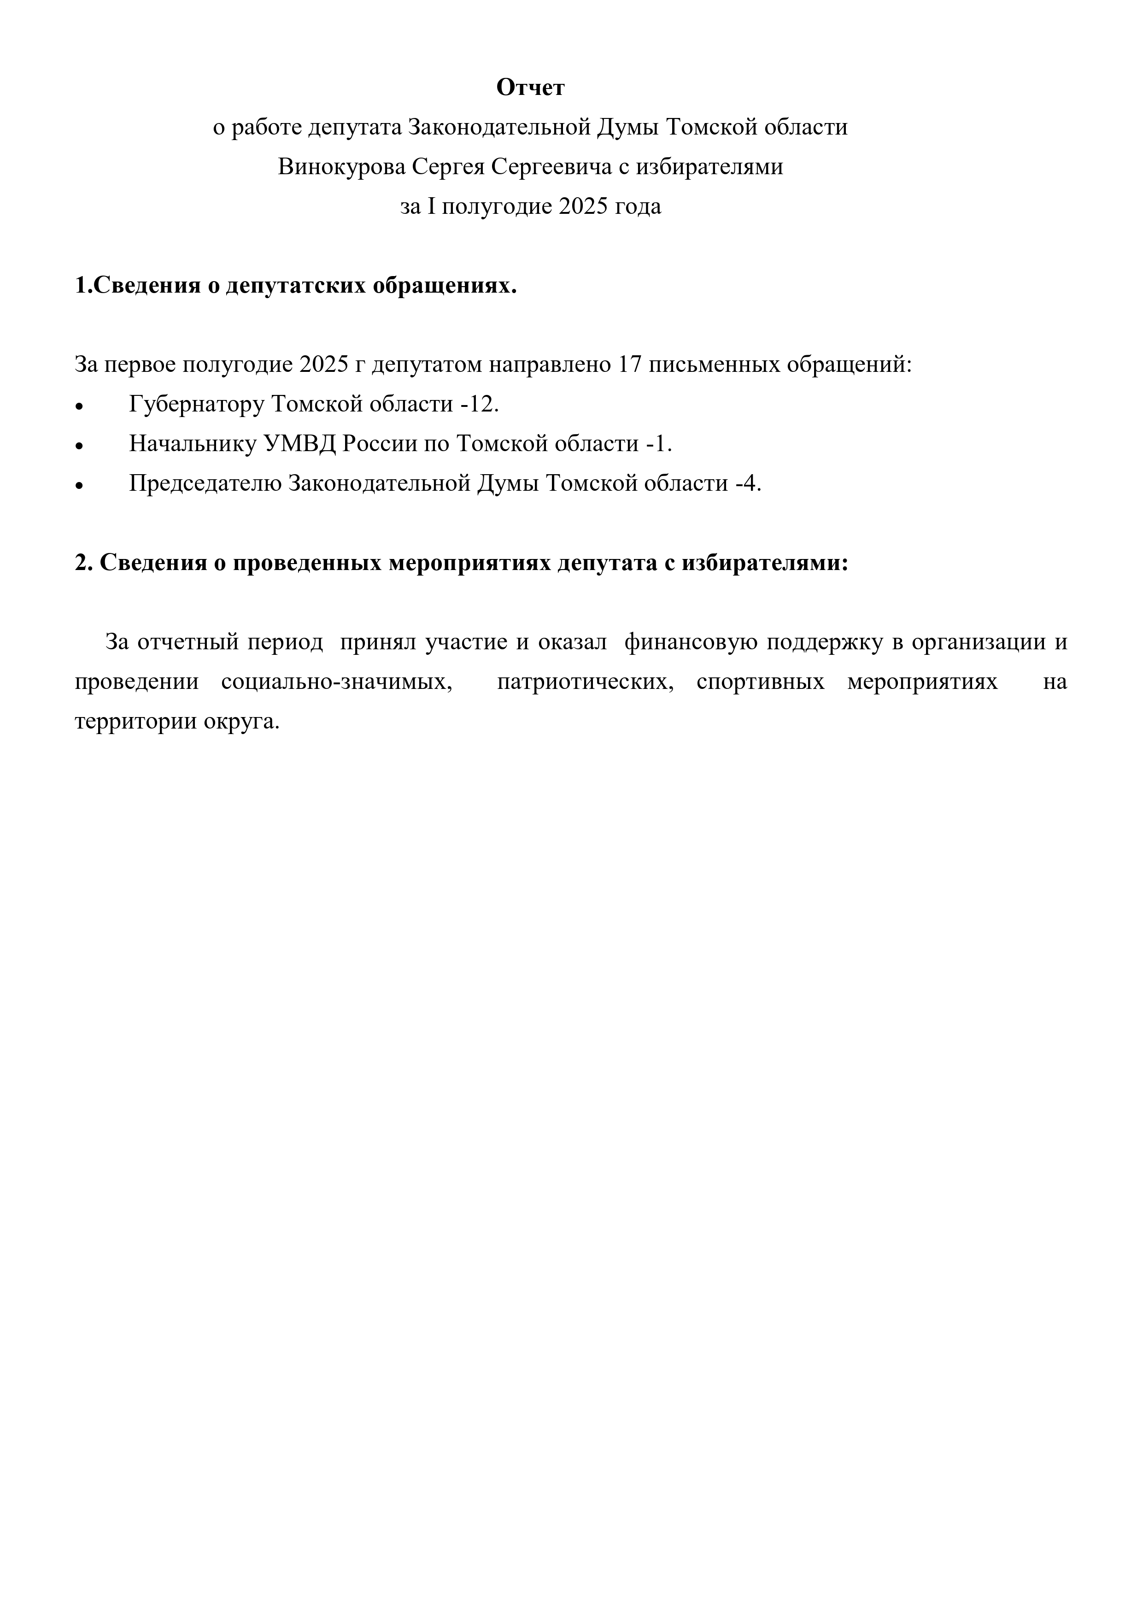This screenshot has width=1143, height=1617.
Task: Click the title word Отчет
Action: pyautogui.click(x=530, y=88)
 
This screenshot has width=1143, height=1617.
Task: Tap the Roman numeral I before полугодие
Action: pyautogui.click(x=432, y=207)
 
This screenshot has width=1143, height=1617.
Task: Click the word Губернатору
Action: pyautogui.click(x=196, y=404)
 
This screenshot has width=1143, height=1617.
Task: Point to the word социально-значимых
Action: pyautogui.click(x=336, y=682)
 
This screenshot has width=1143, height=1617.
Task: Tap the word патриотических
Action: pyautogui.click(x=585, y=682)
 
